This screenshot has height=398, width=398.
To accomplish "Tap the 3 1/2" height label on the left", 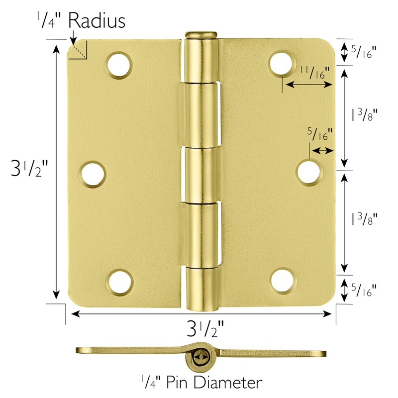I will pos(31,170).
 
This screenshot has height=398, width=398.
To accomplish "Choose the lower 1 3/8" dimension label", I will pos(364,219).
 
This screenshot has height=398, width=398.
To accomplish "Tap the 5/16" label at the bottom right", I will pos(364,289).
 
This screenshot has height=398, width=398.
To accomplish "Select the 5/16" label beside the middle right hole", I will pos(319,134).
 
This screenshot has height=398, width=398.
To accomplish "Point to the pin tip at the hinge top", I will pos(201,35).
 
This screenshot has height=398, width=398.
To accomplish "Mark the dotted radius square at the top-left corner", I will pos(79,51).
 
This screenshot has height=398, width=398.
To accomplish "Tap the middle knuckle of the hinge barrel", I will pos(201,174).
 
